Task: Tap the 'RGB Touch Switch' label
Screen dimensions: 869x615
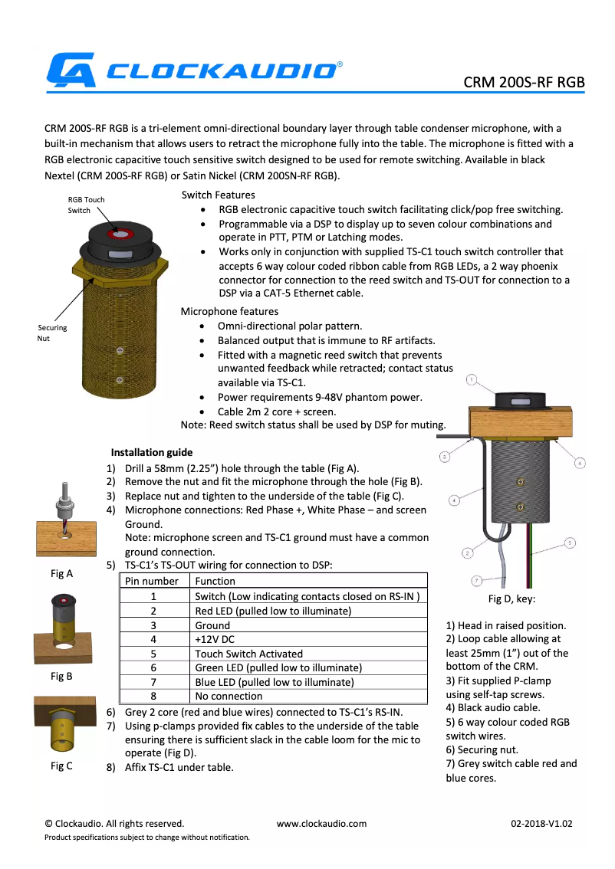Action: [86, 205]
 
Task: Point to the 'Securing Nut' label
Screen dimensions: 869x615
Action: [52, 333]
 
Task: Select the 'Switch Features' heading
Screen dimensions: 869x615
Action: [219, 195]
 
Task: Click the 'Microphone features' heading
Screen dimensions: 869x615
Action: [229, 311]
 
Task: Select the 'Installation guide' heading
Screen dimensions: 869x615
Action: [151, 452]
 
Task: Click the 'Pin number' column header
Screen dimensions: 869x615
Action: [152, 581]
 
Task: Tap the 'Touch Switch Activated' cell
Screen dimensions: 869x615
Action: [248, 654]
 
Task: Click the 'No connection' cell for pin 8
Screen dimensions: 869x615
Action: [229, 696]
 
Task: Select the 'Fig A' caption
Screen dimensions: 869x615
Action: [61, 572]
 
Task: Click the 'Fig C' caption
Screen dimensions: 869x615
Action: [61, 766]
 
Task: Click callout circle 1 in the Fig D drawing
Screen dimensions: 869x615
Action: [472, 379]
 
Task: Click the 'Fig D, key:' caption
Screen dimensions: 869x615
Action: [511, 598]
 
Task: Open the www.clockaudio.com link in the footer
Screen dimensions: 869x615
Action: [321, 824]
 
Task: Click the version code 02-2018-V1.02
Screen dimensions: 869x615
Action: [541, 824]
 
